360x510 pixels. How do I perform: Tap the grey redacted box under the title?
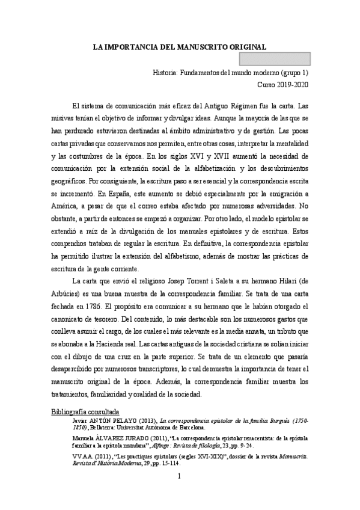[275, 59]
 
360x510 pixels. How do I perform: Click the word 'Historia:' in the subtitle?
[169, 73]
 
